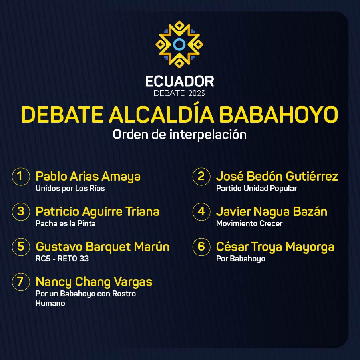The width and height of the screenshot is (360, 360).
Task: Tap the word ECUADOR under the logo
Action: [179, 82]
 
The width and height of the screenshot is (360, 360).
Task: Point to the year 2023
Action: [196, 93]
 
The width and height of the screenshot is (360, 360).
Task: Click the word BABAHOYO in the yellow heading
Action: [278, 115]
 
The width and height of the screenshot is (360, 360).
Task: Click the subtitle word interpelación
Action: [208, 134]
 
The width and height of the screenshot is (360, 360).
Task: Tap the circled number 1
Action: [21, 177]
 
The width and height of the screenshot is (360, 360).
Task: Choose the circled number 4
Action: [201, 212]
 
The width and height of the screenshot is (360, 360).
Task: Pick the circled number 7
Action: [21, 282]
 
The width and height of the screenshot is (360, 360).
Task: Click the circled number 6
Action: [201, 247]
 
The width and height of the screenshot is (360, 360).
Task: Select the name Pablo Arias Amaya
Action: [88, 177]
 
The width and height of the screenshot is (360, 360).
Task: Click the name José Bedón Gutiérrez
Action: [277, 176]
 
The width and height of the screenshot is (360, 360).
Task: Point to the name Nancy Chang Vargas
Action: [94, 282]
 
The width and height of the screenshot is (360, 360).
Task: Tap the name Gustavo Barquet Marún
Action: [103, 247]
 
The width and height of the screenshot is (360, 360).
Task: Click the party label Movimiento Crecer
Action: [249, 223]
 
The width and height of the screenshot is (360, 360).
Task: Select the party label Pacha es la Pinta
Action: [66, 223]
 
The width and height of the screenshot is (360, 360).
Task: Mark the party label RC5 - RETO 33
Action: [62, 259]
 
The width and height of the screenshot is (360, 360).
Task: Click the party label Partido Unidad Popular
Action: [257, 189]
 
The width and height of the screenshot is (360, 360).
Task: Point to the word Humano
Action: [50, 304]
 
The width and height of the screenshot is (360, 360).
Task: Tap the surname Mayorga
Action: [310, 247]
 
